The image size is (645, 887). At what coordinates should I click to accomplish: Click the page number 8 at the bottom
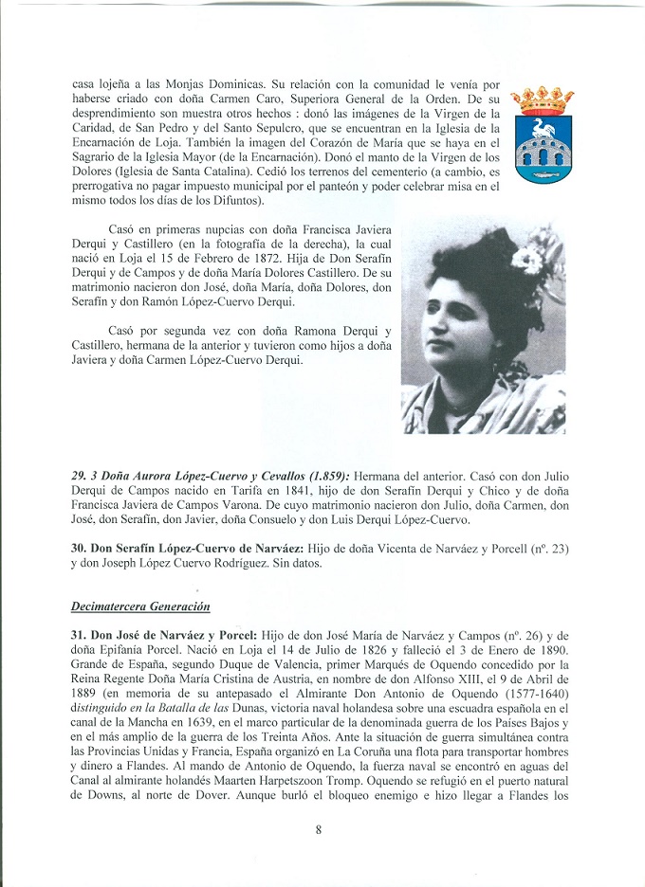pos(319,831)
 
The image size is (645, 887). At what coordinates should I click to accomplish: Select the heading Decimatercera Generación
pos(140,604)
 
